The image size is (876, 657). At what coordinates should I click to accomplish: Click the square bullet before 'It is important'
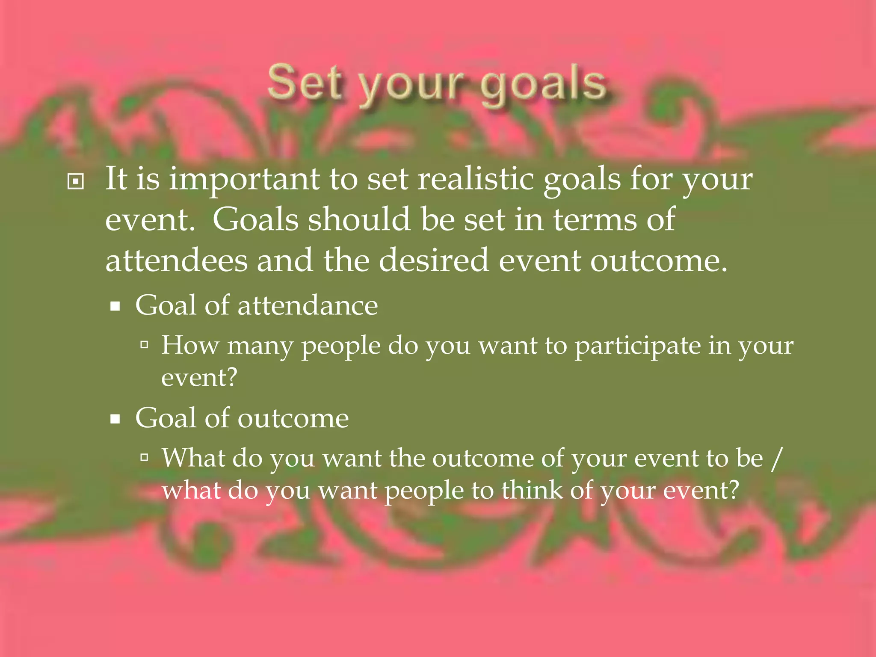76,182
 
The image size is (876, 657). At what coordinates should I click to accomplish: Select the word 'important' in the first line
244,180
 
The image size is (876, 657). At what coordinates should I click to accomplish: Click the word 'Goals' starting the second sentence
255,219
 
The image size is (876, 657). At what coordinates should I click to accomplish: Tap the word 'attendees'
176,261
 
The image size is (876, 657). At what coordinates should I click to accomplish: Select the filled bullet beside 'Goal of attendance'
115,306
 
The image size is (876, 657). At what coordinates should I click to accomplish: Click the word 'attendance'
308,306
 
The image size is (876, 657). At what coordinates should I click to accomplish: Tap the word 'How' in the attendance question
190,345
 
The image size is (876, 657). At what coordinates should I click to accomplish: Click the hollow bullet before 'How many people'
145,344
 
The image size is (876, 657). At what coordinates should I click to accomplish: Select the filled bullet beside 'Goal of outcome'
115,419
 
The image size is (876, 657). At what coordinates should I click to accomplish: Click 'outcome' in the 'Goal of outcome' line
293,418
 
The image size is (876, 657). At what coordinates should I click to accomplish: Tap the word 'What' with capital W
193,458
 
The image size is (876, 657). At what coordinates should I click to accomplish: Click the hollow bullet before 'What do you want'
145,457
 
